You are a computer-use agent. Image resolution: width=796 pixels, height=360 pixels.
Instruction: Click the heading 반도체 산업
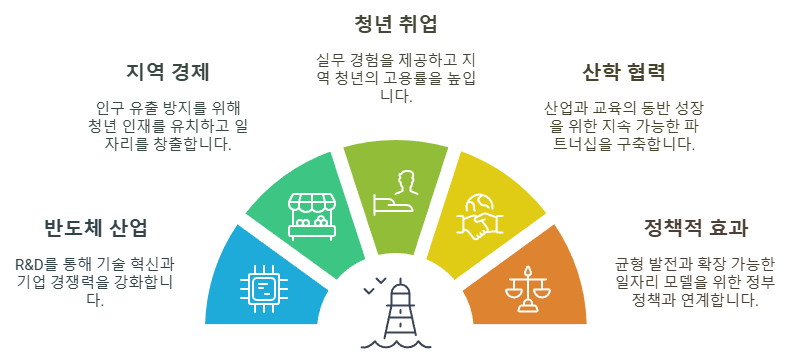pos(96,227)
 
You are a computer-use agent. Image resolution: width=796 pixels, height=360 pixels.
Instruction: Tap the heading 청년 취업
pos(396,22)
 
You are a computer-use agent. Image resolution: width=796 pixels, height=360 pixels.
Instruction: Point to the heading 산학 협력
pos(623,72)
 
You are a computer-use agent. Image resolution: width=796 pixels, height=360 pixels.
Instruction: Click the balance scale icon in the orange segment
pos(530,288)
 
